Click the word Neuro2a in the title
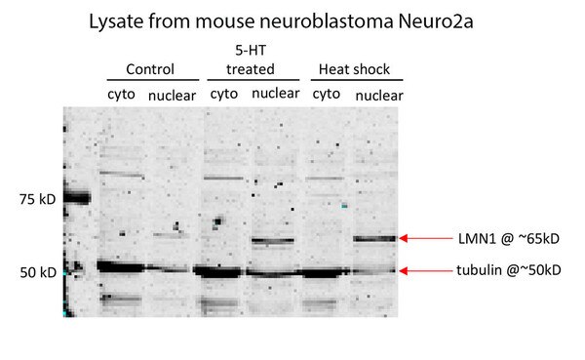coord(436,21)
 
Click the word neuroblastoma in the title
coord(326,21)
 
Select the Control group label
coord(150,69)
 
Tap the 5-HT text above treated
coord(251,50)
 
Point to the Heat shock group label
coord(354,69)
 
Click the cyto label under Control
coord(121,94)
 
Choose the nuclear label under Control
coord(172,96)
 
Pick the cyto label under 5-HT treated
coord(224,94)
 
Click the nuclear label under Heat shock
coord(379,96)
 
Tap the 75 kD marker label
coord(38,199)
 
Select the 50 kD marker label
coord(38,272)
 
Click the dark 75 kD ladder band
coord(77,197)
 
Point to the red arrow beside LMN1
coord(426,238)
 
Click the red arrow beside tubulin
coord(426,271)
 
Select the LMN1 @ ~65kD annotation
coord(509,239)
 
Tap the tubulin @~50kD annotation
coord(509,270)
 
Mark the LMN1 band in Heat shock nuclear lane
coord(374,239)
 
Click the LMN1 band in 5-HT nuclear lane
coord(273,241)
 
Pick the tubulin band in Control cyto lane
coord(121,267)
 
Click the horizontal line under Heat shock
coord(357,80)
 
